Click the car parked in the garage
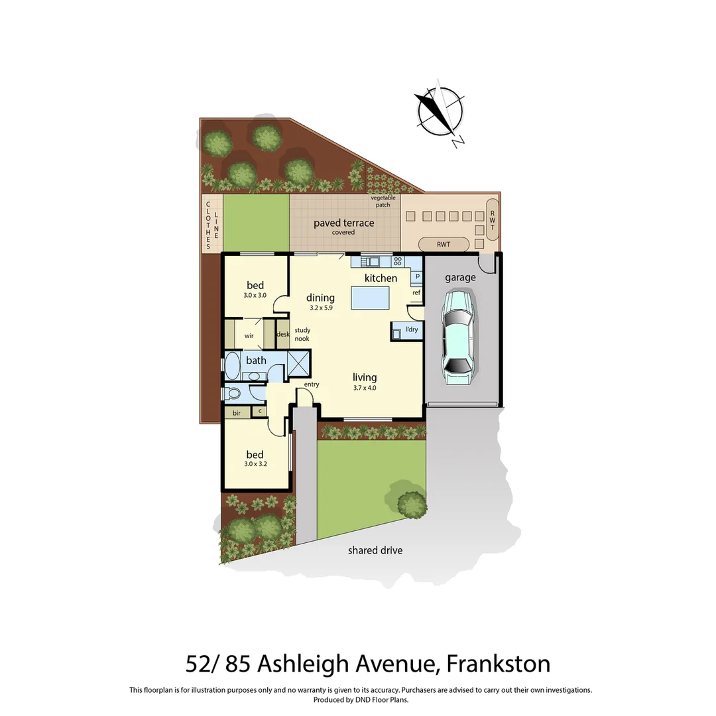tap(458, 338)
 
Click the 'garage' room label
tap(460, 278)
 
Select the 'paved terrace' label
tap(343, 223)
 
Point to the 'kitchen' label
tap(381, 278)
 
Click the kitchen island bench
tap(371, 298)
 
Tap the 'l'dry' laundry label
tap(412, 329)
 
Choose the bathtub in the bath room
tap(232, 365)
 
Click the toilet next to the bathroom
tap(233, 394)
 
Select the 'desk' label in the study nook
tap(283, 334)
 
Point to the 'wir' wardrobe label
tap(249, 336)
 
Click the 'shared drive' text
tap(375, 550)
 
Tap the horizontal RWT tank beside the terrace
tap(444, 245)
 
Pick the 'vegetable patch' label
tap(383, 202)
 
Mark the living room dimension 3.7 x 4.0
tap(365, 388)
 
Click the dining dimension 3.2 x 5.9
tap(320, 308)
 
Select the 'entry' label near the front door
tap(312, 385)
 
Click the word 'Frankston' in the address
tap(498, 664)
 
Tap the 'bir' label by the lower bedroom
tap(236, 413)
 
